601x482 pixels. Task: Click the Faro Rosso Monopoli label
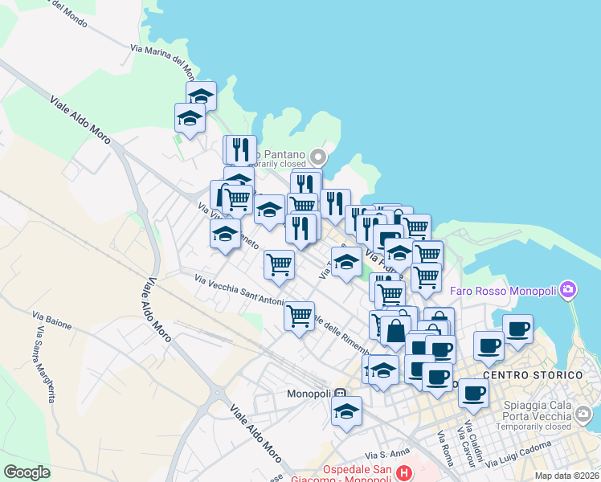click(513, 289)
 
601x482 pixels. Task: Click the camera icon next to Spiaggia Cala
click(584, 415)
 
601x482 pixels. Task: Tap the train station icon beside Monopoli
click(341, 394)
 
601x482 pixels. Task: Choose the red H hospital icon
click(403, 475)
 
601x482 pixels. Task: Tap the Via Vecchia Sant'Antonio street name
click(239, 290)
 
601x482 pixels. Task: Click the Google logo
click(27, 472)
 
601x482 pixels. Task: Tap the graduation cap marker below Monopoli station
click(347, 411)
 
